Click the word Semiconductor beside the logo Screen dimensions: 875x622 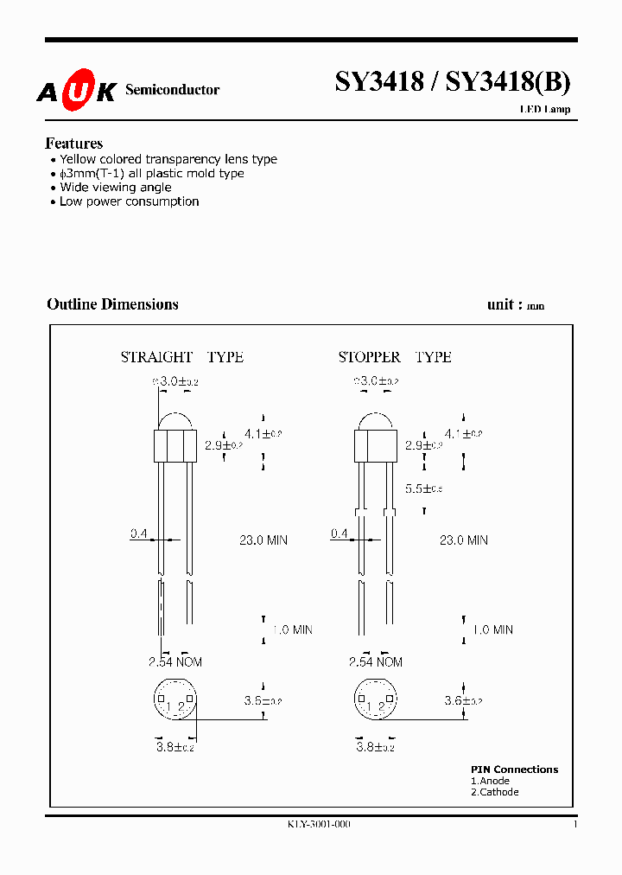point(172,90)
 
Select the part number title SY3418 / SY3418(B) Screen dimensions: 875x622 point(452,82)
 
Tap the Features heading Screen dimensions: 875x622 point(73,144)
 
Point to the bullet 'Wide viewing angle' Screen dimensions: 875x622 point(115,188)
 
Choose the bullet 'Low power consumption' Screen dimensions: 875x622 point(129,201)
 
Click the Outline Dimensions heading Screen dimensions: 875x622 point(112,304)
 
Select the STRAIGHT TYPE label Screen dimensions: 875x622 point(181,357)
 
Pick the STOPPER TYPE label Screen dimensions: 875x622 point(394,357)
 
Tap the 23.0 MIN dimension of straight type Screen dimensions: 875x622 point(263,540)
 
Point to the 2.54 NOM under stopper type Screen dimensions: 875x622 point(375,662)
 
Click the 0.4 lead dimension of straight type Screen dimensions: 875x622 point(138,534)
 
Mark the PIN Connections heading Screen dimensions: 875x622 point(514,770)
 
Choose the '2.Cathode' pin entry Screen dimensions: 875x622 point(495,792)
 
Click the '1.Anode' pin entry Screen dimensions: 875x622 point(490,781)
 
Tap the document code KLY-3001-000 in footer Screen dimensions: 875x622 point(319,825)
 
